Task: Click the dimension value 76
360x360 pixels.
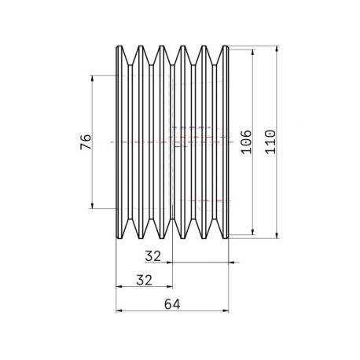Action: click(x=86, y=141)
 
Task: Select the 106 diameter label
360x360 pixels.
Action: click(x=246, y=141)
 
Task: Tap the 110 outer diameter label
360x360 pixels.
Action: click(x=270, y=141)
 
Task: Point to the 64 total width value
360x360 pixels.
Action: click(x=172, y=304)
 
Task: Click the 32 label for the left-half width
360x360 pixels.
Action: click(x=144, y=280)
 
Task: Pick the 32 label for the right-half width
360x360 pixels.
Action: click(x=153, y=256)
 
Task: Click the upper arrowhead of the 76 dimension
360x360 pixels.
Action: click(x=92, y=79)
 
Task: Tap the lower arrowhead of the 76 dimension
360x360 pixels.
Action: click(x=92, y=205)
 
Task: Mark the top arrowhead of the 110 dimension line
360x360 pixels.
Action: click(x=277, y=49)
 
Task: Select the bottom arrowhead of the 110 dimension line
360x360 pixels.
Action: click(x=277, y=235)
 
